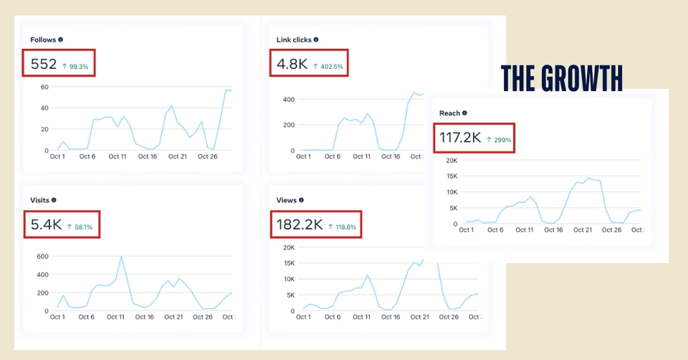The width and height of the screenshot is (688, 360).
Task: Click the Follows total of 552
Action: (x=44, y=65)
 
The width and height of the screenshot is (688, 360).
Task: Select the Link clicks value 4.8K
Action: (x=292, y=65)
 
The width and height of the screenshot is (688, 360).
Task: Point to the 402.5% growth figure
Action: (x=328, y=66)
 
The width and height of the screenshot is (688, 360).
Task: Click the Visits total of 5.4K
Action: (x=45, y=225)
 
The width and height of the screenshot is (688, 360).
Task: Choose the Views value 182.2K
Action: (x=299, y=225)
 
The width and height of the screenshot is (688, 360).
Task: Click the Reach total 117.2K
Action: (x=459, y=138)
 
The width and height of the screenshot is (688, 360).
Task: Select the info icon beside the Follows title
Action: (x=60, y=39)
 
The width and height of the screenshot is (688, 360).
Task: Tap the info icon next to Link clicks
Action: (x=316, y=39)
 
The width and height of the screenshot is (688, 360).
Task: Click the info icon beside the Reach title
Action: (x=464, y=113)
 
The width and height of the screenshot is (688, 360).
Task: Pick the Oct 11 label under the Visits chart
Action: (x=115, y=316)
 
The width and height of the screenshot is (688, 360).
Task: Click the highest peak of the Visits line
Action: (x=121, y=257)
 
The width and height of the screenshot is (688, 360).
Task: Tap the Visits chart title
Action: (x=39, y=200)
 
